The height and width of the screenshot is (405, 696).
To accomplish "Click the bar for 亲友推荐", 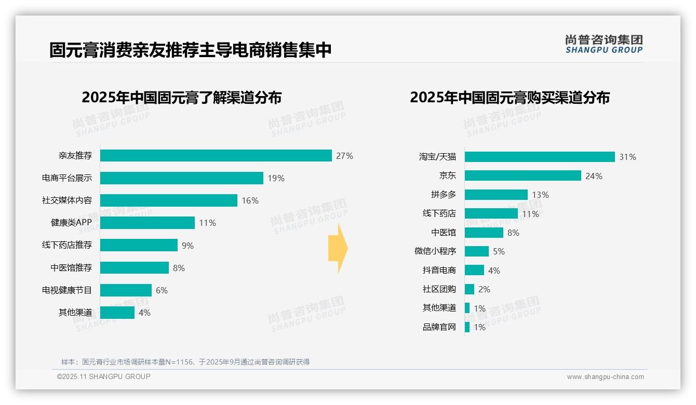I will click(x=216, y=156).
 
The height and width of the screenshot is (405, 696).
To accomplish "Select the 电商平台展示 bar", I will click(x=181, y=178).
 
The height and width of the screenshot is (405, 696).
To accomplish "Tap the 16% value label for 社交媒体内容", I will click(x=250, y=200).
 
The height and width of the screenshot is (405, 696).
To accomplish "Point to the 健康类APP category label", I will click(x=71, y=223).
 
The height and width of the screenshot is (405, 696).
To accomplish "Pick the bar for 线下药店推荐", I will click(x=139, y=245).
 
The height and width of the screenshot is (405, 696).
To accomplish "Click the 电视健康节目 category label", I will click(x=67, y=290).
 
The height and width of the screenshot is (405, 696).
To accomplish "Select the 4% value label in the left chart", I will click(x=144, y=313).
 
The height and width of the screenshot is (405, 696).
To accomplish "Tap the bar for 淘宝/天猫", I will click(x=540, y=157).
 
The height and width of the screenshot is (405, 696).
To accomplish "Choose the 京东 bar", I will click(x=523, y=176).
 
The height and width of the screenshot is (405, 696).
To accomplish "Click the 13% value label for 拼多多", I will click(x=540, y=195).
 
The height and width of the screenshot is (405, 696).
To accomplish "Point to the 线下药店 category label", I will click(x=439, y=213).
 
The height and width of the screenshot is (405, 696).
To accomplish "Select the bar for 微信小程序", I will click(x=476, y=251).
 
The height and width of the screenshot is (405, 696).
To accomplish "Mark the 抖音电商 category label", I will click(x=439, y=271).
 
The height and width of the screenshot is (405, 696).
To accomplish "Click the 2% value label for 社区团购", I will click(x=484, y=289).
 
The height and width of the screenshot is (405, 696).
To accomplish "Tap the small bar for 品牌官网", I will click(x=467, y=327).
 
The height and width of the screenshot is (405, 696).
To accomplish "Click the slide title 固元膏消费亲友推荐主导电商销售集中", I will click(x=190, y=50).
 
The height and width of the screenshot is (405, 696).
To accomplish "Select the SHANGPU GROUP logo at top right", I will click(x=604, y=44).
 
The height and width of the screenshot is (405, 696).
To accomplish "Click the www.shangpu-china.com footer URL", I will click(x=605, y=377).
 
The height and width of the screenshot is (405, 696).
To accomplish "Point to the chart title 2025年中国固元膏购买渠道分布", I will click(x=510, y=98).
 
